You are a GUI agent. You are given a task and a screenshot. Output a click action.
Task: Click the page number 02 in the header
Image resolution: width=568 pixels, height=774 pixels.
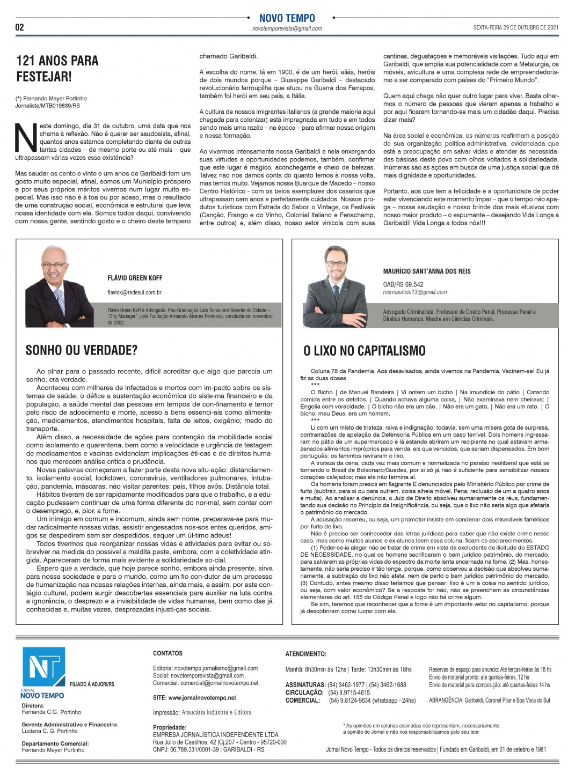20,27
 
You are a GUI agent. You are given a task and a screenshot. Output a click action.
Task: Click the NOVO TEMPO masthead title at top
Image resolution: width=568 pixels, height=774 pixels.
287,18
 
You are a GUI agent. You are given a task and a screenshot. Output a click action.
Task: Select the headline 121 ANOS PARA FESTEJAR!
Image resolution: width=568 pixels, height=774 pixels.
57,68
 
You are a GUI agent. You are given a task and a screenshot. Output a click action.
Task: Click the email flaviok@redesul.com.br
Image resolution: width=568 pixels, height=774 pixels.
135,293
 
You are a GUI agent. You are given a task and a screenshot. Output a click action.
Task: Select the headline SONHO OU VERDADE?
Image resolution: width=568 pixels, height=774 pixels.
82,350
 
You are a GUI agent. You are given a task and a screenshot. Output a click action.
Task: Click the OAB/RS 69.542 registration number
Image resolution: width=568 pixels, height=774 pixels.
403,284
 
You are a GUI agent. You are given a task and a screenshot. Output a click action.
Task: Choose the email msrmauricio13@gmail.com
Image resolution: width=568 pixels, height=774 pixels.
415,292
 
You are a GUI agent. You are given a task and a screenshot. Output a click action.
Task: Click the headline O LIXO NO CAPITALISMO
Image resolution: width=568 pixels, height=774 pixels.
365,351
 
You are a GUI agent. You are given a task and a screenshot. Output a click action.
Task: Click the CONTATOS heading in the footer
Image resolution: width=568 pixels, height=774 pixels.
168,653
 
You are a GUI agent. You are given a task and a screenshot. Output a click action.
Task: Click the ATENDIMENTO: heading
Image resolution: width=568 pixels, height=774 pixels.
305,654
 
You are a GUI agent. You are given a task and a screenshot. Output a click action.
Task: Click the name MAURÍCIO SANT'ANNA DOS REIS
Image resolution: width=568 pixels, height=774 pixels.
427,271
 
